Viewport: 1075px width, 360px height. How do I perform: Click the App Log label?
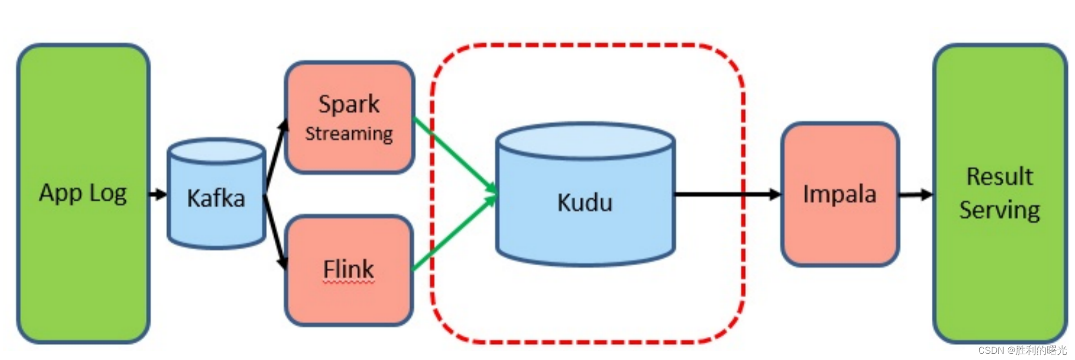(x=83, y=193)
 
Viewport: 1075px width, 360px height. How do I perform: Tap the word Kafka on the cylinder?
(x=216, y=198)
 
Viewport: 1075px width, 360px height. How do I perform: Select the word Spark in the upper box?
(x=349, y=104)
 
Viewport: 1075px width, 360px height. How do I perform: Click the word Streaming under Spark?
(x=349, y=133)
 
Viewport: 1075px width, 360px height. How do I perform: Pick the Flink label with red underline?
(x=348, y=269)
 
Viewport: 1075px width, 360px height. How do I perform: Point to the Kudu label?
(x=585, y=202)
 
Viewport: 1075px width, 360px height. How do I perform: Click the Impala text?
(x=839, y=194)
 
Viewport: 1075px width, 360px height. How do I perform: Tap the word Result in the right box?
(x=999, y=176)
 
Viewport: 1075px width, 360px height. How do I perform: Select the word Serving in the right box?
(x=999, y=210)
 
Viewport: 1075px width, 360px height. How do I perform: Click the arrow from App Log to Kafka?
(x=158, y=194)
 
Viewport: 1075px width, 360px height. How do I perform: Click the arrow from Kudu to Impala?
(x=724, y=194)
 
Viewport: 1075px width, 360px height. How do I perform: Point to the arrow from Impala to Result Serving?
(x=916, y=195)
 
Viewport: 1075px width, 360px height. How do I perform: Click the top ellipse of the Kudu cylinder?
(x=585, y=141)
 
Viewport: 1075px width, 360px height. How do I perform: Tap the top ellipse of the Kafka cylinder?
(x=216, y=152)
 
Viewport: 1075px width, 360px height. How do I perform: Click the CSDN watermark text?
(x=1022, y=350)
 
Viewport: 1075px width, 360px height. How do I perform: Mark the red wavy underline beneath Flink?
(x=348, y=283)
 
